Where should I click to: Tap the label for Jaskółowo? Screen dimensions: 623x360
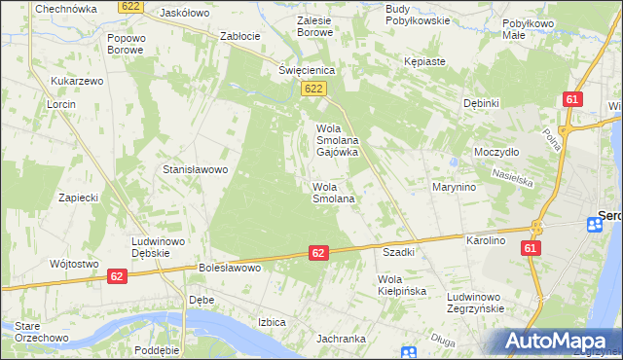186,14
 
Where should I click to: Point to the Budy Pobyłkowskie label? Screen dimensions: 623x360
417,14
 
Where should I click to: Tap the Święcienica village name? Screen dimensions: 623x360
307,71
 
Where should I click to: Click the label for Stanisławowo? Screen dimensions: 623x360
195,169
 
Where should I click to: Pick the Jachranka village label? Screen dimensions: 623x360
341,340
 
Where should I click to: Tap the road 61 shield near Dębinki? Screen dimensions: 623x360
573,100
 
